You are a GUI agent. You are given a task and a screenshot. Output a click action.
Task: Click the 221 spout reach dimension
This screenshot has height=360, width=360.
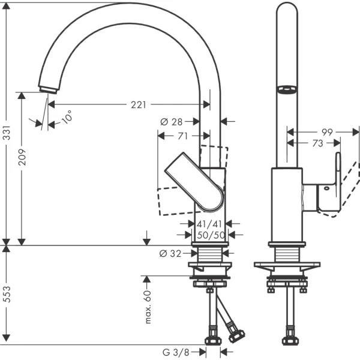pyautogui.click(x=138, y=104)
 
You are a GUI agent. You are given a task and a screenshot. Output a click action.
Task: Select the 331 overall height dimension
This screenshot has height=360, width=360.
pyautogui.click(x=7, y=141)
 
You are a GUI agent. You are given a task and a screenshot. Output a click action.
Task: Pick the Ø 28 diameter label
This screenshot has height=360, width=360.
pyautogui.click(x=171, y=122)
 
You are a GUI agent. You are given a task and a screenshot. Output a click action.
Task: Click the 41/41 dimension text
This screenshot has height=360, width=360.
pyautogui.click(x=210, y=224)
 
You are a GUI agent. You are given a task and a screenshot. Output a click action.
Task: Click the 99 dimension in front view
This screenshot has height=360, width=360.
pyautogui.click(x=326, y=131)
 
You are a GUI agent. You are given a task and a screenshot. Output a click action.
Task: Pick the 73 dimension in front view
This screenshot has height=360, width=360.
pyautogui.click(x=317, y=143)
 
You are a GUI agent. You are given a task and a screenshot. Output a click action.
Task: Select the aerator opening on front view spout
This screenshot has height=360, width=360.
pyautogui.click(x=286, y=90)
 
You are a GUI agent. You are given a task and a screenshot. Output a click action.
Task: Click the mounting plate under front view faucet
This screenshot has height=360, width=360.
pyautogui.click(x=286, y=265)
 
